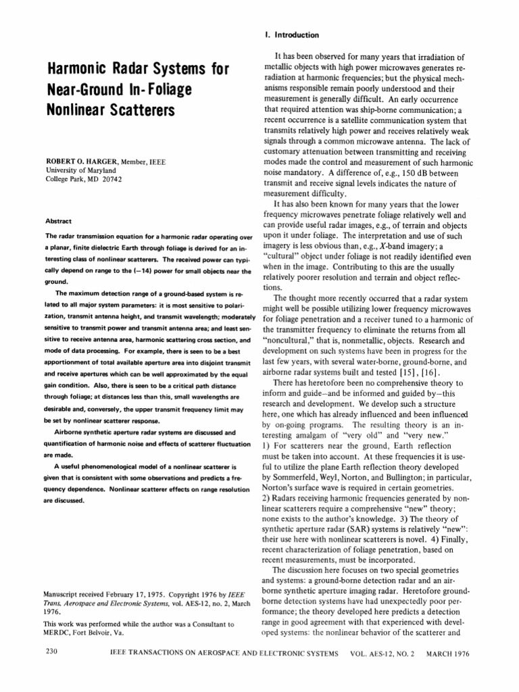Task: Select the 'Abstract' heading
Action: click(x=58, y=221)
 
